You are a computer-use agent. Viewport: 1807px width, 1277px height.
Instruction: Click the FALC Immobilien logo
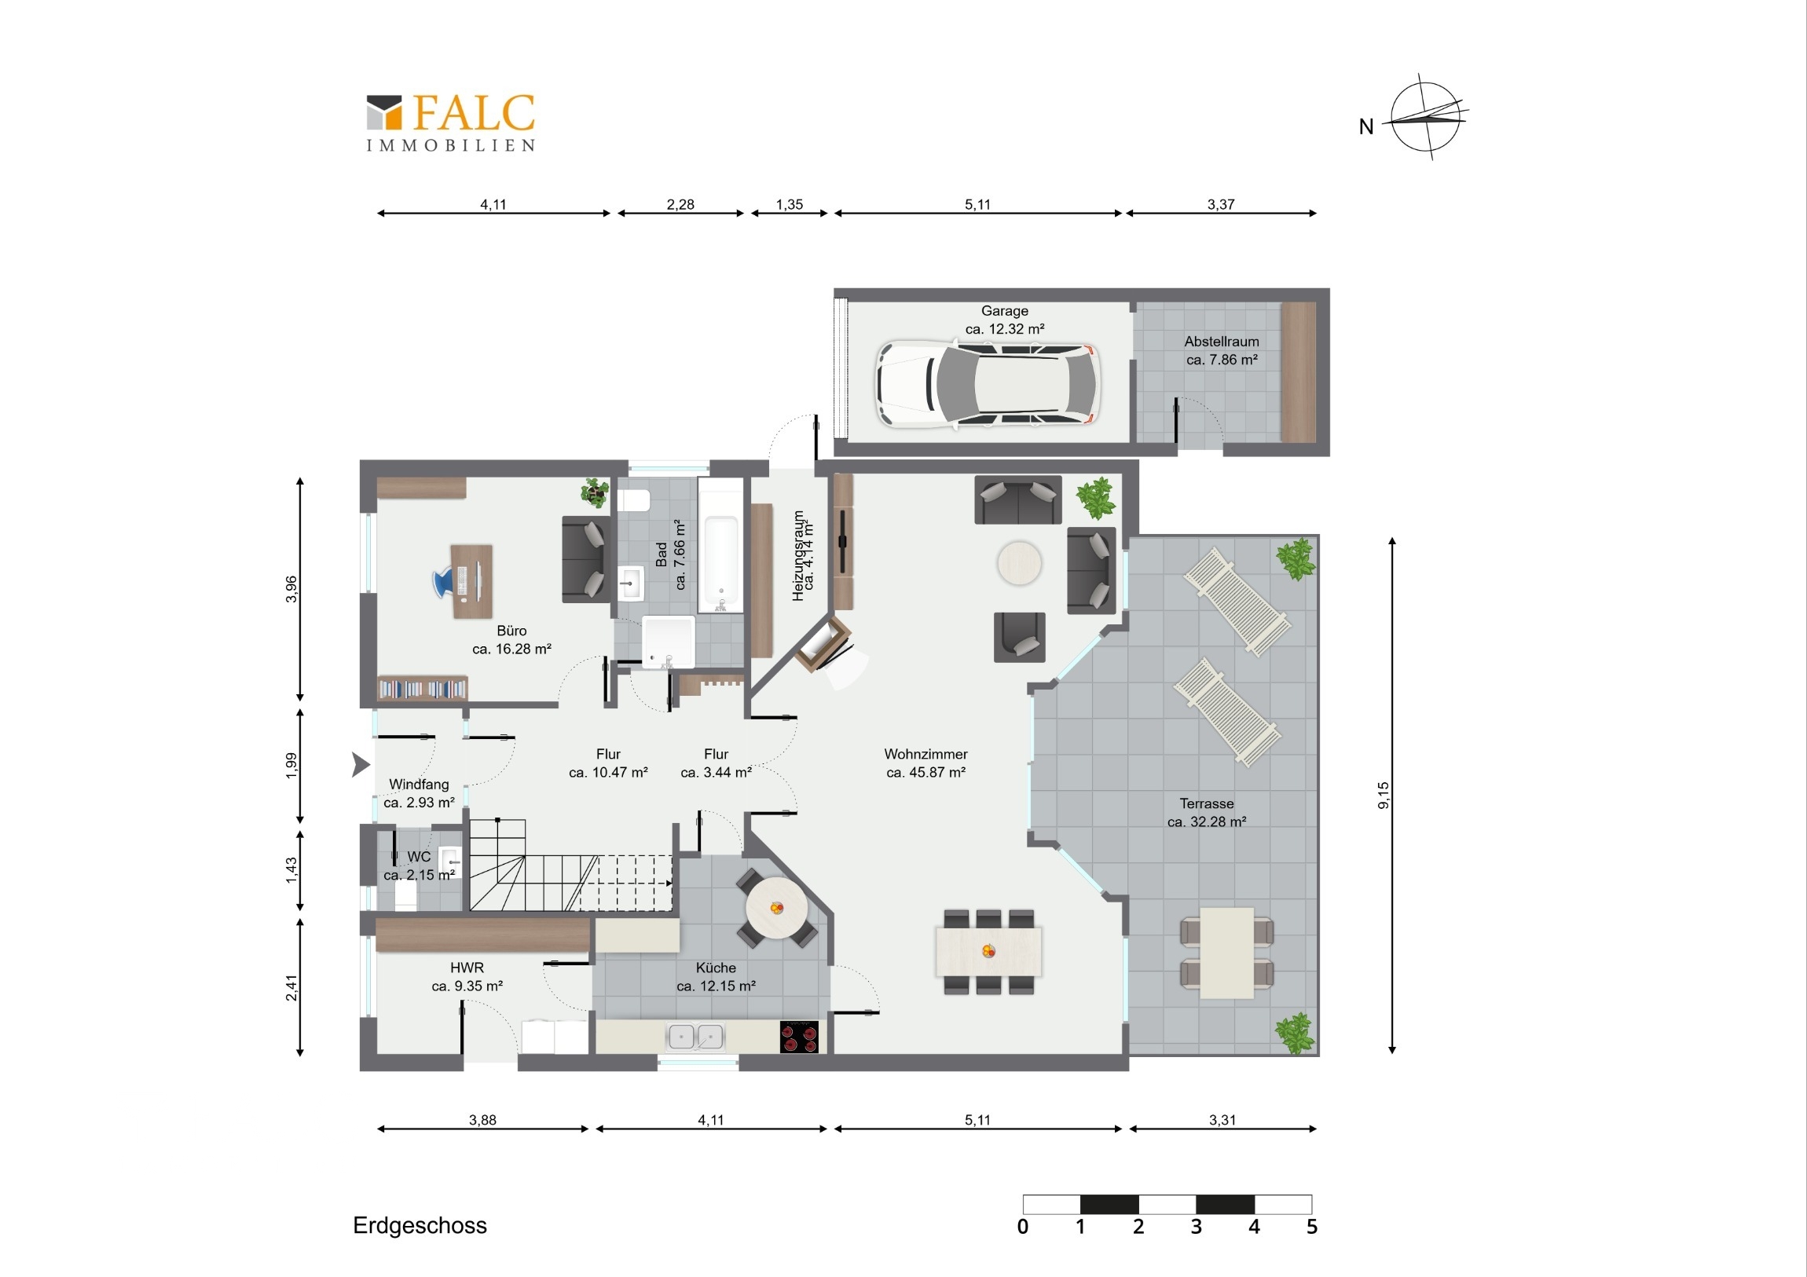point(451,123)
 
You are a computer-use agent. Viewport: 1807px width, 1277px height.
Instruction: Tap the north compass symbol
point(1425,117)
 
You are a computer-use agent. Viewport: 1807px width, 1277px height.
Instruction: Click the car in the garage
point(988,385)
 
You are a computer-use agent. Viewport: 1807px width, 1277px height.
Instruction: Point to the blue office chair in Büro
point(445,582)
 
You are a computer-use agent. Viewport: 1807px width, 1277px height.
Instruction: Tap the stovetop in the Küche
point(799,1036)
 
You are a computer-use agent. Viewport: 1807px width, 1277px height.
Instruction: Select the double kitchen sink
point(696,1037)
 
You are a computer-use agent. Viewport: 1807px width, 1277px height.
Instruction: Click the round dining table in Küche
point(776,909)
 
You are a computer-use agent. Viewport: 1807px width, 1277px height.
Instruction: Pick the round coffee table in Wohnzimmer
point(1019,562)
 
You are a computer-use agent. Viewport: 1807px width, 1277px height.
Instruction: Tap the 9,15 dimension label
point(1383,795)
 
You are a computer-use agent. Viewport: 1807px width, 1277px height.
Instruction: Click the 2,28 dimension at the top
point(680,204)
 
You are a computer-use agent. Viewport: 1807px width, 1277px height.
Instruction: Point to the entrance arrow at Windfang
point(361,764)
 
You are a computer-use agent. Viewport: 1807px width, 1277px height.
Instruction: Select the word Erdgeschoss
point(420,1225)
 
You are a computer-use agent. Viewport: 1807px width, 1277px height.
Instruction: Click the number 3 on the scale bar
point(1197,1227)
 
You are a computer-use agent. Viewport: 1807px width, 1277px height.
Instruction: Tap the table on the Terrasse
point(1227,953)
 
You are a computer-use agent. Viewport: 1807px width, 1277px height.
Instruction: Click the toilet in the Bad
point(633,500)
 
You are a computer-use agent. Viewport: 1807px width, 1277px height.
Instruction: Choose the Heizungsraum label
point(803,555)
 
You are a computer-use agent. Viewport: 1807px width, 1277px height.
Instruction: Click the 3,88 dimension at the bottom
point(482,1120)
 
